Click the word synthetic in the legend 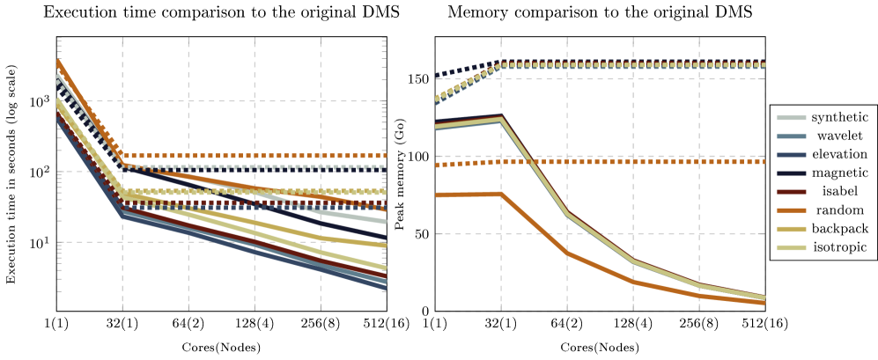pos(839,117)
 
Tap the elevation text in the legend pos(839,154)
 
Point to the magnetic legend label pos(839,173)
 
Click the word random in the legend pos(839,209)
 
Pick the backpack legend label pos(839,228)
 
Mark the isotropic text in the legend pos(839,246)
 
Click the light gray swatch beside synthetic pos(791,118)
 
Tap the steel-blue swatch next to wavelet pos(791,136)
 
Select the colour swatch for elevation pos(791,155)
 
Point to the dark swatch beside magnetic pos(791,173)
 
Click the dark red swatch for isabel pos(791,192)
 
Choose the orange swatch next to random pos(791,210)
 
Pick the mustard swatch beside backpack pos(791,229)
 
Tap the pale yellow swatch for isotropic pos(791,247)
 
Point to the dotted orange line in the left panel pos(255,156)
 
